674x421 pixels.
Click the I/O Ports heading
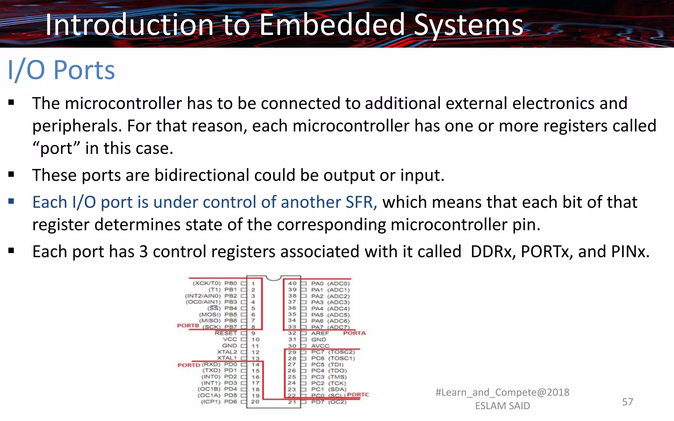pyautogui.click(x=61, y=70)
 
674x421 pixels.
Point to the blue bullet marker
pyautogui.click(x=12, y=201)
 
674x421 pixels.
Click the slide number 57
pyautogui.click(x=627, y=402)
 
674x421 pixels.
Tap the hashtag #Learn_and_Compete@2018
pyautogui.click(x=502, y=392)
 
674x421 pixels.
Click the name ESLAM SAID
pyautogui.click(x=502, y=406)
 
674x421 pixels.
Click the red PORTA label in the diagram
pyautogui.click(x=354, y=333)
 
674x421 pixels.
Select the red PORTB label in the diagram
pyautogui.click(x=188, y=326)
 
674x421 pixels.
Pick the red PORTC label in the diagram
pyautogui.click(x=358, y=394)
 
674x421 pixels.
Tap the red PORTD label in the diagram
pyautogui.click(x=189, y=365)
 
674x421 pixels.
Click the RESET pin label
pyautogui.click(x=225, y=333)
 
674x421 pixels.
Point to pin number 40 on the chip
pyautogui.click(x=292, y=283)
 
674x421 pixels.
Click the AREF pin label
pyautogui.click(x=320, y=333)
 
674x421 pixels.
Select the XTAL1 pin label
pyautogui.click(x=227, y=358)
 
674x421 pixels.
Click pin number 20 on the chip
pyautogui.click(x=255, y=402)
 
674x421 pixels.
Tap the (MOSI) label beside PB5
pyautogui.click(x=210, y=314)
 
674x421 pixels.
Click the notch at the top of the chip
pyautogui.click(x=273, y=278)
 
